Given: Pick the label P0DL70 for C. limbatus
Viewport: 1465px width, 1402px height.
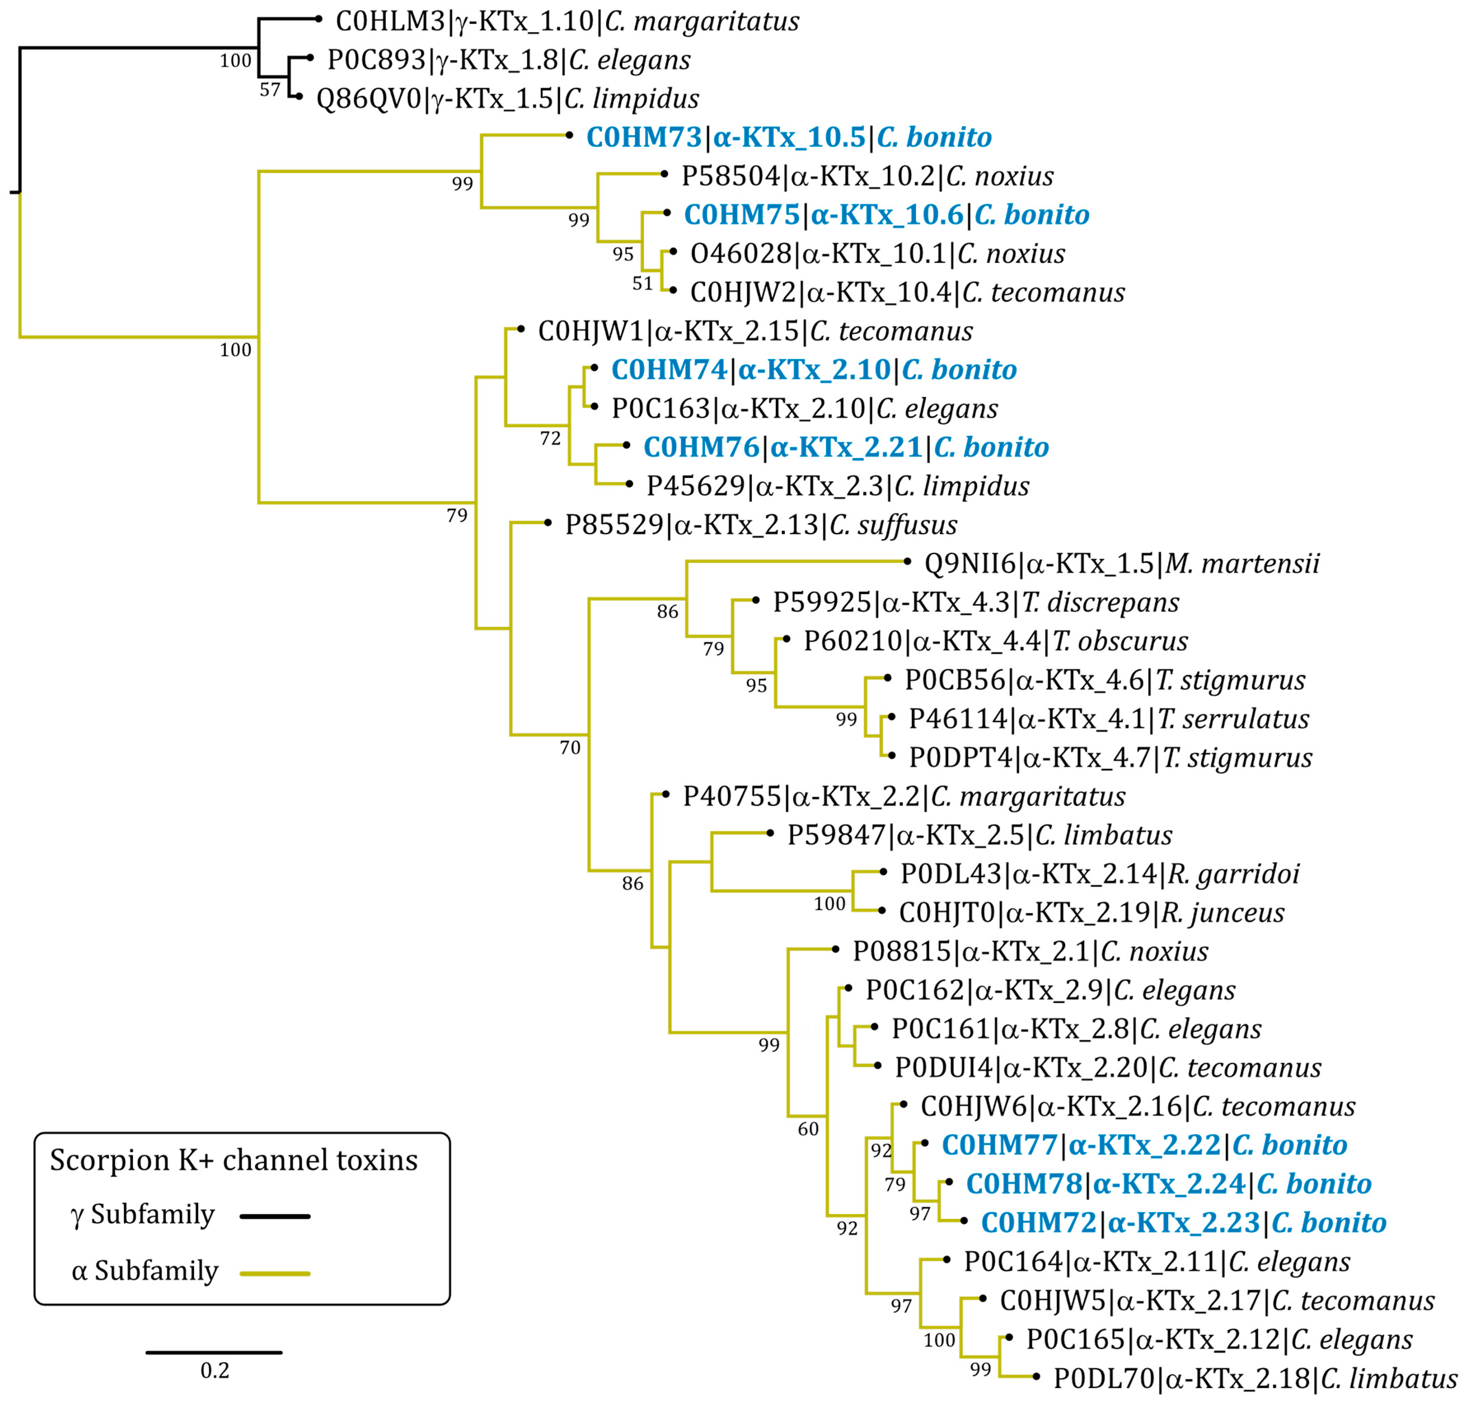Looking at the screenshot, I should click(x=1255, y=1379).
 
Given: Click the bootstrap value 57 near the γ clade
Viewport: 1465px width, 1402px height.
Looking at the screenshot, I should click(x=270, y=90).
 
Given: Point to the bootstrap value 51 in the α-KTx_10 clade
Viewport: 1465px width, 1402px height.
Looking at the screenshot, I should click(x=643, y=283).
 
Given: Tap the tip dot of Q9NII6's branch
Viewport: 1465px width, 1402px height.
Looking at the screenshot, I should click(x=907, y=561).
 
